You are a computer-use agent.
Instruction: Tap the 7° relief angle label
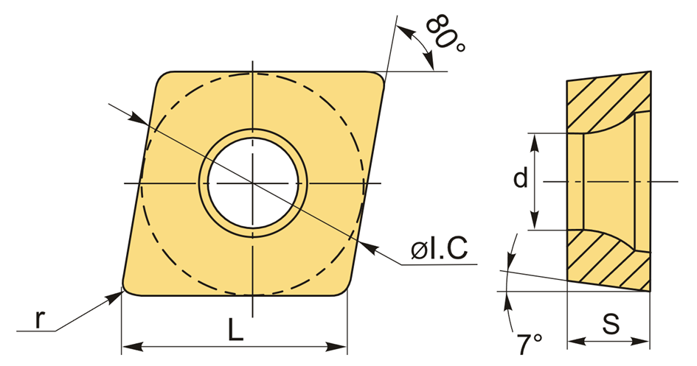(x=530, y=343)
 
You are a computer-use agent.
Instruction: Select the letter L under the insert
(x=236, y=331)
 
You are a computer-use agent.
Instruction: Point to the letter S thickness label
(x=611, y=324)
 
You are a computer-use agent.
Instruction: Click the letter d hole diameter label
(x=521, y=178)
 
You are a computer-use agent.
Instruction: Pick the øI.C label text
(x=440, y=248)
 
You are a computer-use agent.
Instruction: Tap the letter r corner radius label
(x=40, y=319)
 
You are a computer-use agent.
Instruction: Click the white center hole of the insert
(x=253, y=183)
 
